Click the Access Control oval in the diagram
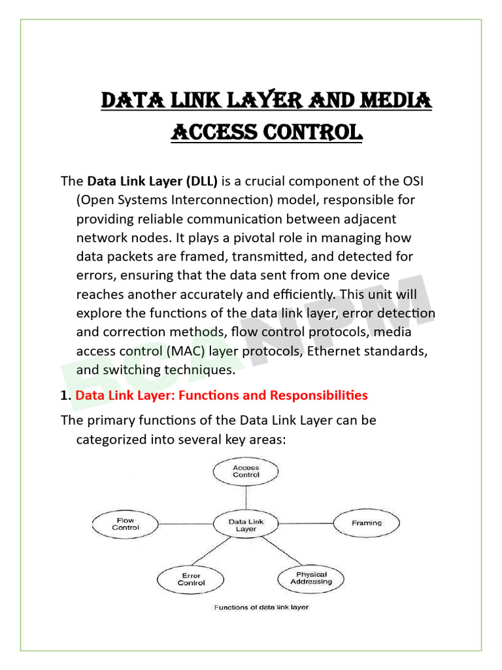[x=246, y=471]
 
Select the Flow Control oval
[x=125, y=523]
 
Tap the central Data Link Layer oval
[x=246, y=525]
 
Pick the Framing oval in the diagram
[x=366, y=523]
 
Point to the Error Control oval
[x=191, y=579]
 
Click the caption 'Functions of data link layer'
[x=261, y=607]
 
